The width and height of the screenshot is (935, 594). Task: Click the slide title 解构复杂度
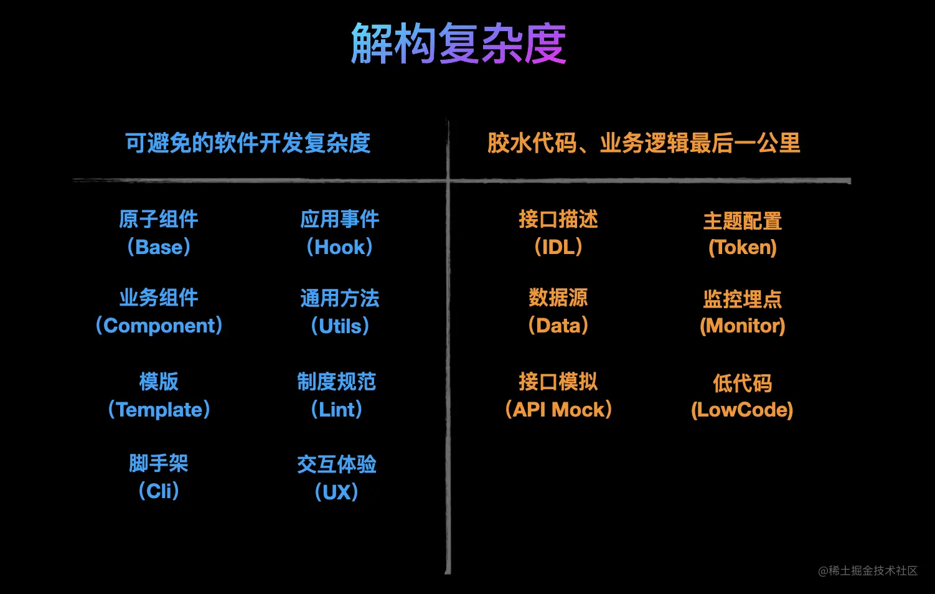tap(459, 44)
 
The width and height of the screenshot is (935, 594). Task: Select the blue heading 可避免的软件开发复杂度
tap(248, 143)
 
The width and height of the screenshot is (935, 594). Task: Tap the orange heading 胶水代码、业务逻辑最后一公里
tap(644, 143)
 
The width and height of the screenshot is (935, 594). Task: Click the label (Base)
tap(159, 247)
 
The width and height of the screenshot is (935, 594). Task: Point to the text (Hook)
tap(339, 247)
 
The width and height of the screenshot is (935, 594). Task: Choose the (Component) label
tap(159, 326)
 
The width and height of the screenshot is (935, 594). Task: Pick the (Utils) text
tap(340, 326)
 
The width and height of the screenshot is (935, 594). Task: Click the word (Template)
tap(159, 410)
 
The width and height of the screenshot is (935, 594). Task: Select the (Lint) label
tap(336, 410)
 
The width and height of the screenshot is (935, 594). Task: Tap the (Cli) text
tap(159, 491)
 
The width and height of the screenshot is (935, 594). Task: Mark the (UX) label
tap(336, 493)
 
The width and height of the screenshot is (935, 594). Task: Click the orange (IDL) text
tap(558, 247)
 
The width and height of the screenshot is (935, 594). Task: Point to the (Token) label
tap(743, 248)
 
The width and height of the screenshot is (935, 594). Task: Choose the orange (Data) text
tap(558, 326)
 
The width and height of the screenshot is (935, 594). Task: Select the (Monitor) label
tap(743, 326)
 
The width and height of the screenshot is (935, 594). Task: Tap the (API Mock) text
tap(558, 410)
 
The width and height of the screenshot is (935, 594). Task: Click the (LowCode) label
tap(742, 410)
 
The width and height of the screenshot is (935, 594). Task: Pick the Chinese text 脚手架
tap(159, 463)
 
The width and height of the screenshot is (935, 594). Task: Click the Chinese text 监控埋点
tap(743, 299)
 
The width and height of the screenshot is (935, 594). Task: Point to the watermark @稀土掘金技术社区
tap(868, 571)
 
